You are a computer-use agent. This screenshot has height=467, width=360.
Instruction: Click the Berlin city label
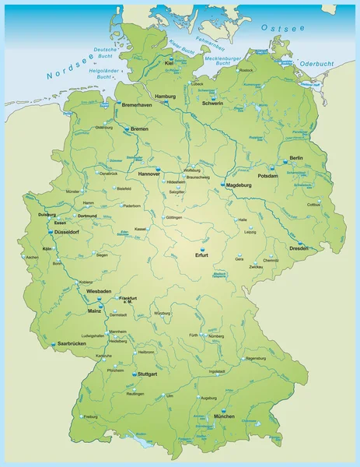295,158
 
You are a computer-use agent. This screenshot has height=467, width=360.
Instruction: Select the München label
224,417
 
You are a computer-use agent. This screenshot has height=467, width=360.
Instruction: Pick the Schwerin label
212,103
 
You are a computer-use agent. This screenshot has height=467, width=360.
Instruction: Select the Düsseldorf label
66,232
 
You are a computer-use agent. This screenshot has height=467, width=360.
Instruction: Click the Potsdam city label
289,176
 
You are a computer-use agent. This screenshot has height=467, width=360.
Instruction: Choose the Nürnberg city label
216,335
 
